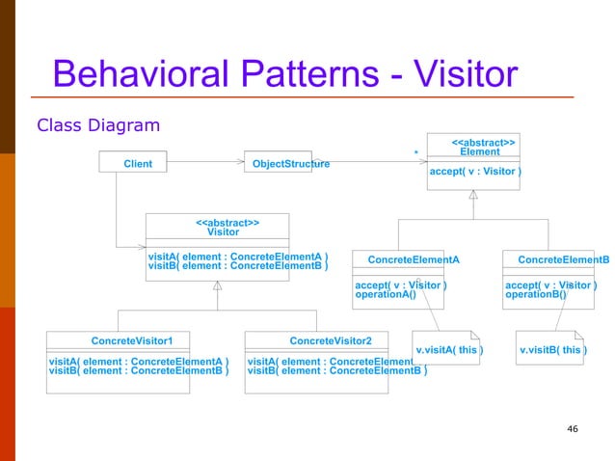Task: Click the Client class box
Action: (x=138, y=164)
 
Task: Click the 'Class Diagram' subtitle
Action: (x=97, y=125)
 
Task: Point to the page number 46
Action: (x=573, y=428)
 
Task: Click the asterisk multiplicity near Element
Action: (x=414, y=152)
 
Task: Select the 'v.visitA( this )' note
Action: (x=449, y=349)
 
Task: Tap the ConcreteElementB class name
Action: (x=563, y=259)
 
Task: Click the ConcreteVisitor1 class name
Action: (x=132, y=340)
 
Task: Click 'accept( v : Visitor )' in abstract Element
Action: (x=475, y=173)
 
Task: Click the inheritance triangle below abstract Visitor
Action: (x=218, y=285)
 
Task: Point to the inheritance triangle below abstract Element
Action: (x=473, y=195)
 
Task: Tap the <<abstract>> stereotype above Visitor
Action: (x=227, y=222)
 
